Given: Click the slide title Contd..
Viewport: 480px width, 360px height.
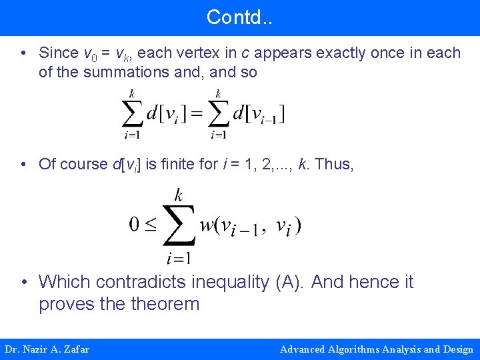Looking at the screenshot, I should pyautogui.click(x=239, y=17).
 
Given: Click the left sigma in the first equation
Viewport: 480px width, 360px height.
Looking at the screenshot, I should pyautogui.click(x=133, y=114).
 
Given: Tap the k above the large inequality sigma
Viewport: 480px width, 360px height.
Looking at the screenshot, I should pyautogui.click(x=179, y=195).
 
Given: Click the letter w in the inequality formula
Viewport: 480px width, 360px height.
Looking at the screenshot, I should pyautogui.click(x=208, y=225).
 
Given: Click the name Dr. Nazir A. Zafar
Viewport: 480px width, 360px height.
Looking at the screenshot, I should pyautogui.click(x=47, y=349).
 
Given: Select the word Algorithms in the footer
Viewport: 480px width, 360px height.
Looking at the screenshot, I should pyautogui.click(x=360, y=349).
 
